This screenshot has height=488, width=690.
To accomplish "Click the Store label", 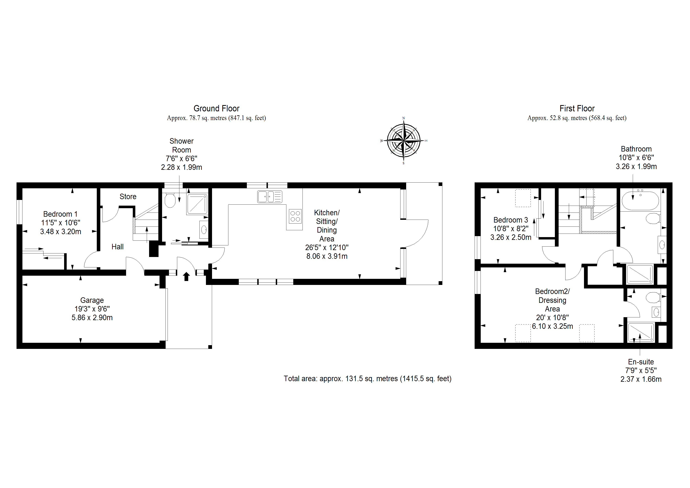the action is point(128,196).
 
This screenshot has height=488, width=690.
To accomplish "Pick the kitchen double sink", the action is point(270,197).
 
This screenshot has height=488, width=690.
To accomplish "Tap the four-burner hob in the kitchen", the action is point(295,216).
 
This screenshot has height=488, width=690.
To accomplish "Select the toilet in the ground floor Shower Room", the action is point(170,200).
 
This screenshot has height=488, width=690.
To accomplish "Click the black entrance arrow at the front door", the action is point(186,276).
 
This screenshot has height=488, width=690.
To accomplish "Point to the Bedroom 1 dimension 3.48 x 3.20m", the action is point(61,232).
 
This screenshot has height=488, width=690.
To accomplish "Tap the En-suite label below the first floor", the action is point(641,362).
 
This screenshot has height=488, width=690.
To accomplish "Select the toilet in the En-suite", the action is point(653,297).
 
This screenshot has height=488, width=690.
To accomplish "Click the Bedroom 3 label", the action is point(511,220).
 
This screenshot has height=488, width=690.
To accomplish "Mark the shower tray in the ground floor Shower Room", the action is point(197,204).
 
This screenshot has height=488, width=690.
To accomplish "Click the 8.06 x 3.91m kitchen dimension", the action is point(327,256).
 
